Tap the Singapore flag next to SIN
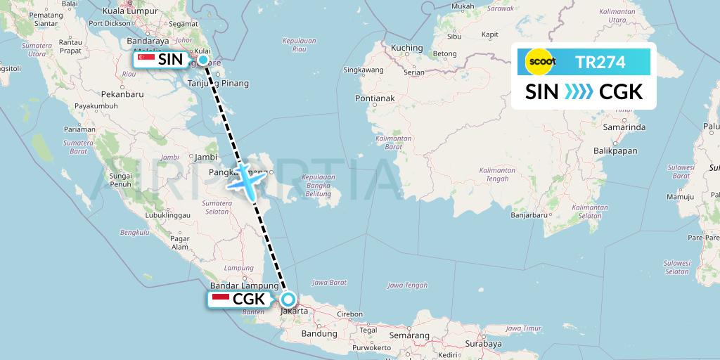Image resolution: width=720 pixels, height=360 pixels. [146, 60]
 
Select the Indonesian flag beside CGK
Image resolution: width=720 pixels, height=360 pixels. [220, 300]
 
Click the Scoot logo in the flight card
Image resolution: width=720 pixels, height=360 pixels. [541, 62]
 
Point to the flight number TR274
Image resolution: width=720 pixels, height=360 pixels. [600, 62]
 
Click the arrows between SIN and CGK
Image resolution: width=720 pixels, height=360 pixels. [579, 92]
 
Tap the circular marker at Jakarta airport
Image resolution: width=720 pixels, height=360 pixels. [288, 300]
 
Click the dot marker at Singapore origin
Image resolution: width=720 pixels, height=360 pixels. [203, 60]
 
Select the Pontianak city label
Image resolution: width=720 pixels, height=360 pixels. [375, 98]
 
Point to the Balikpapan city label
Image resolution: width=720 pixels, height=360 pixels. [615, 150]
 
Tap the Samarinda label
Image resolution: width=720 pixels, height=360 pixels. [624, 127]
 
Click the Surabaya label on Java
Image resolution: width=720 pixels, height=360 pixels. [482, 344]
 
